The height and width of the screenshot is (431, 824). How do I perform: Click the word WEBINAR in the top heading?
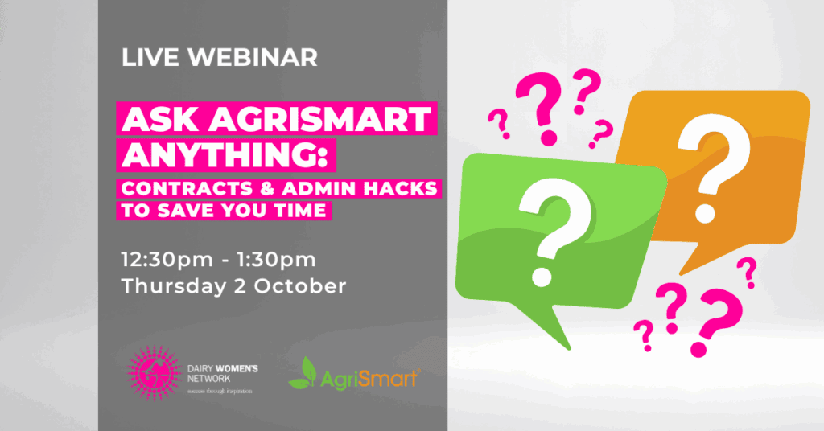tap(253, 57)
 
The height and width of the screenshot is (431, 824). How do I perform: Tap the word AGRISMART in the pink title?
tap(320, 119)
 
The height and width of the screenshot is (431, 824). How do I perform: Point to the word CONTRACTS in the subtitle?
tap(187, 188)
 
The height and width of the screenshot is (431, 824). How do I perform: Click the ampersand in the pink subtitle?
tap(268, 188)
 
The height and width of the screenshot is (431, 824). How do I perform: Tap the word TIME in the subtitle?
tap(300, 211)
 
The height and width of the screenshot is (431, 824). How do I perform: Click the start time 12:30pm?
tap(167, 260)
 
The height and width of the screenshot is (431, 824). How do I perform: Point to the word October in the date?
tap(300, 286)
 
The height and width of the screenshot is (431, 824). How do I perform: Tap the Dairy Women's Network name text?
tap(222, 373)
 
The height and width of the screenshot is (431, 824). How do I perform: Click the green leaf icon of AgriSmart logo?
tap(303, 373)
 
